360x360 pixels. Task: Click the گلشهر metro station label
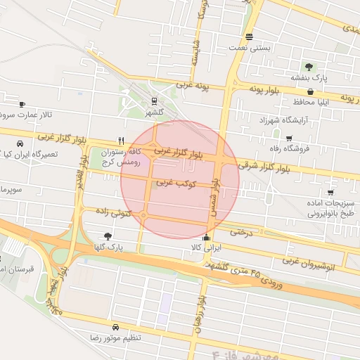[154, 112]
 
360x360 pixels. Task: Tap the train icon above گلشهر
[154, 99]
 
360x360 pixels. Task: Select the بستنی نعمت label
[249, 49]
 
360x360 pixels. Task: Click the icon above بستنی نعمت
[249, 37]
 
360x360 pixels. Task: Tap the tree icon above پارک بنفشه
[309, 67]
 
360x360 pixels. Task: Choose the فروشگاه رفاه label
[288, 148]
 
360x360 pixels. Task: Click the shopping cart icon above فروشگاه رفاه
[289, 138]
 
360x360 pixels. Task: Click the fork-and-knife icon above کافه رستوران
[122, 140]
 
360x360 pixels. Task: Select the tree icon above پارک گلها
[107, 236]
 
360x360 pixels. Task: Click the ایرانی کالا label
[205, 248]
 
